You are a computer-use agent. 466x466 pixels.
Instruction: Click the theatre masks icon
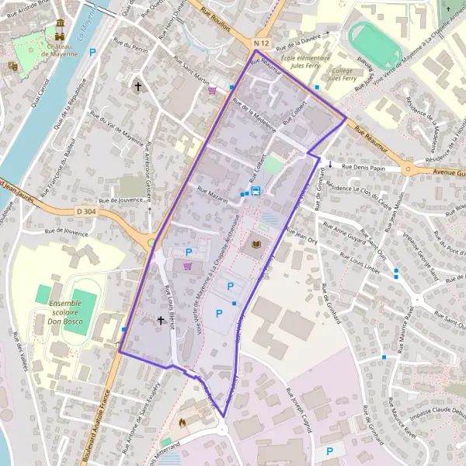[x=12, y=67]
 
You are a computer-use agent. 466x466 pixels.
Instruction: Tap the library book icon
[x=256, y=245]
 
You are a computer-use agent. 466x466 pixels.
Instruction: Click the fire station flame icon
[x=183, y=423]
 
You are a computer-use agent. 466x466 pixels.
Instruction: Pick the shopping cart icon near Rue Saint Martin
[x=212, y=90]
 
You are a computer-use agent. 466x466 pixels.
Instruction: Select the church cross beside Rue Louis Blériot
[x=161, y=319]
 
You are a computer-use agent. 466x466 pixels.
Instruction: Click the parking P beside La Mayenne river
[x=93, y=53]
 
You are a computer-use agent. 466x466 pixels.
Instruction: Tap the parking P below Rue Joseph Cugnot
[x=330, y=450]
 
